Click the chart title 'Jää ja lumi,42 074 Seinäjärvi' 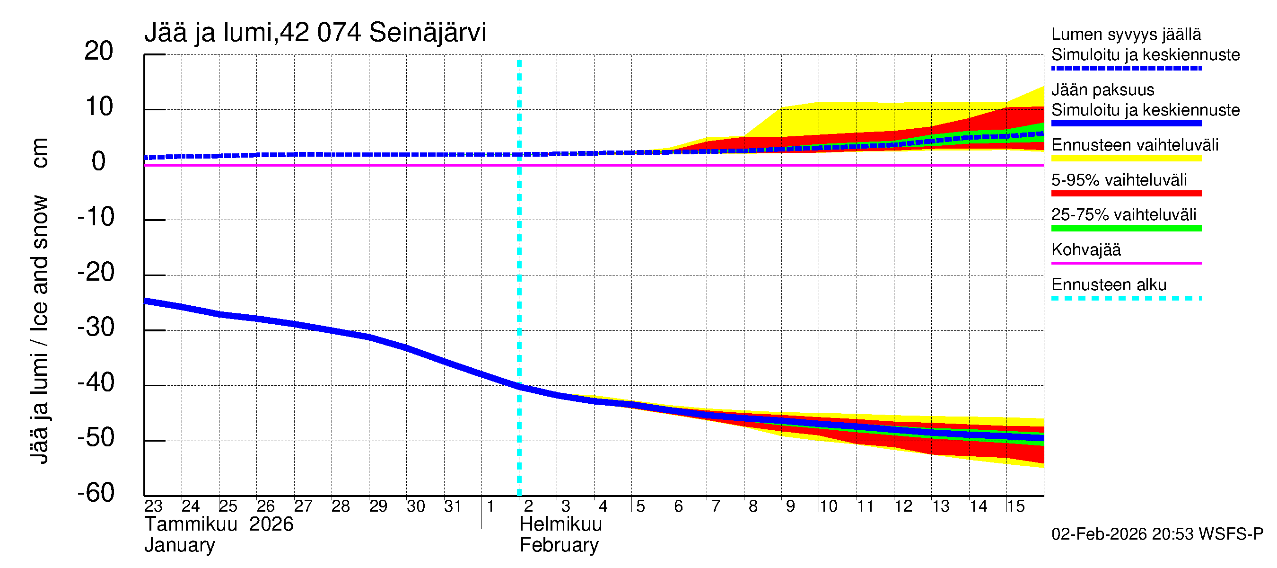315,33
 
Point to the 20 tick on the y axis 99,51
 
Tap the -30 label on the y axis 96,328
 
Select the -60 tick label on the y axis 96,493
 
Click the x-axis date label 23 153,506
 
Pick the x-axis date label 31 453,506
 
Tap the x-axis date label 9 790,506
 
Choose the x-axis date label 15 1015,506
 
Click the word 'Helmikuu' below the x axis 560,524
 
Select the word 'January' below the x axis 179,545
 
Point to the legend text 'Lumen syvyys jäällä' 1126,35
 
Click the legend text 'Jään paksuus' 1102,90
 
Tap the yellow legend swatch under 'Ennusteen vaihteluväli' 1126,159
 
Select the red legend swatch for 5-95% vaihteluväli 1126,194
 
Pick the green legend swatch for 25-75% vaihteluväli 1126,228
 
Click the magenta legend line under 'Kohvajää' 1126,263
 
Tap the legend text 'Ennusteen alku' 1109,285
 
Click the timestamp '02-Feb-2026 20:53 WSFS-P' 1157,534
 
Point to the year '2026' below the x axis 271,524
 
